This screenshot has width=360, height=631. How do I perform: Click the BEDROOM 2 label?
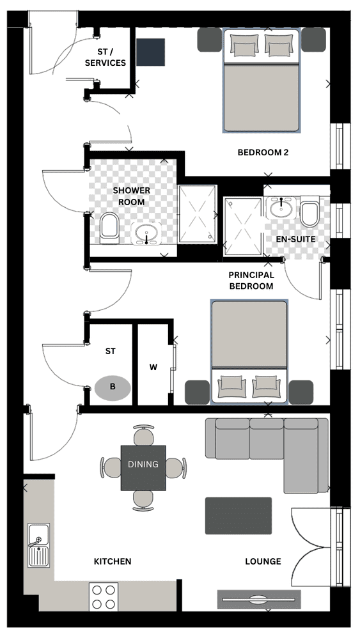[263, 153]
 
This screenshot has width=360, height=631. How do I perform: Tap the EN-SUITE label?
[295, 239]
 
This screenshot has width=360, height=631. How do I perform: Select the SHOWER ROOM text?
[131, 196]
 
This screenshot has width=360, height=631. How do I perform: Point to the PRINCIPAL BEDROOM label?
[251, 281]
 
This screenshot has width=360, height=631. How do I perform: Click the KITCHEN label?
[113, 561]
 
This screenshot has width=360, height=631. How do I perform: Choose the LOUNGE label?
[263, 561]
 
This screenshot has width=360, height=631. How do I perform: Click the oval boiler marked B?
[113, 387]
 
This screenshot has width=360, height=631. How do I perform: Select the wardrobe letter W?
[153, 367]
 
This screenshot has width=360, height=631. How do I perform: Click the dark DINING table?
[143, 467]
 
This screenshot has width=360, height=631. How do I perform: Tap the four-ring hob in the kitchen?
[104, 596]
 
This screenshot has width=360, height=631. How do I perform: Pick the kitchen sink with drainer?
[38, 545]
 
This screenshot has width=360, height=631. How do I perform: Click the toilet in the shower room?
[109, 228]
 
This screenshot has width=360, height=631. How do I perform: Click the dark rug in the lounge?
[239, 516]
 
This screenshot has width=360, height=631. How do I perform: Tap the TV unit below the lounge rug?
[260, 599]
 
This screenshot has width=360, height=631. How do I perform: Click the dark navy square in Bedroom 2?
[151, 52]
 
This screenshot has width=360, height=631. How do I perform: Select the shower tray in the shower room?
[198, 214]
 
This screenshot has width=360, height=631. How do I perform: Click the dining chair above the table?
[143, 435]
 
